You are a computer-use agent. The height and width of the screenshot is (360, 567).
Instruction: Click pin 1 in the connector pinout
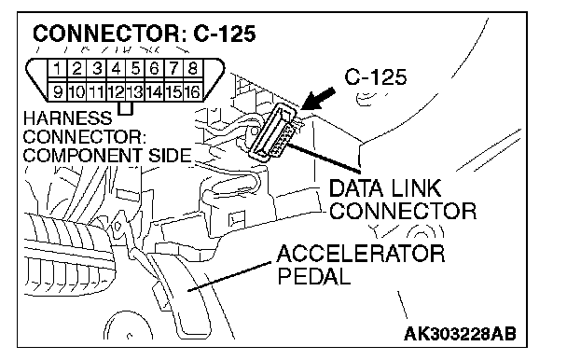click(56, 68)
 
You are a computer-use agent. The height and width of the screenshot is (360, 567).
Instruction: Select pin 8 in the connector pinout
click(193, 68)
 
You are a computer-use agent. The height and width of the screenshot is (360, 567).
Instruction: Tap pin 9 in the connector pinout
click(57, 91)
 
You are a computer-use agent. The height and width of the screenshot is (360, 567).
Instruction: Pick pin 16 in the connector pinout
click(193, 91)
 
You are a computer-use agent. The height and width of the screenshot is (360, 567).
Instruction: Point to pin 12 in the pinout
click(116, 91)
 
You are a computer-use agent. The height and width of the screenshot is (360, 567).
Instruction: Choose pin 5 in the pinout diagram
click(135, 68)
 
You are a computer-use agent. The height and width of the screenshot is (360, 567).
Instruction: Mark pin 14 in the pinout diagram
click(155, 91)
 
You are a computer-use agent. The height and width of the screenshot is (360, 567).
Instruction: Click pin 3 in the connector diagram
click(97, 68)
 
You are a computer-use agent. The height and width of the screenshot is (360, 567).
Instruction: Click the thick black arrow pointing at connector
click(317, 98)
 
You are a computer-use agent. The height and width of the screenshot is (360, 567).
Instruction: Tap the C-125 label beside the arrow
click(376, 77)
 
